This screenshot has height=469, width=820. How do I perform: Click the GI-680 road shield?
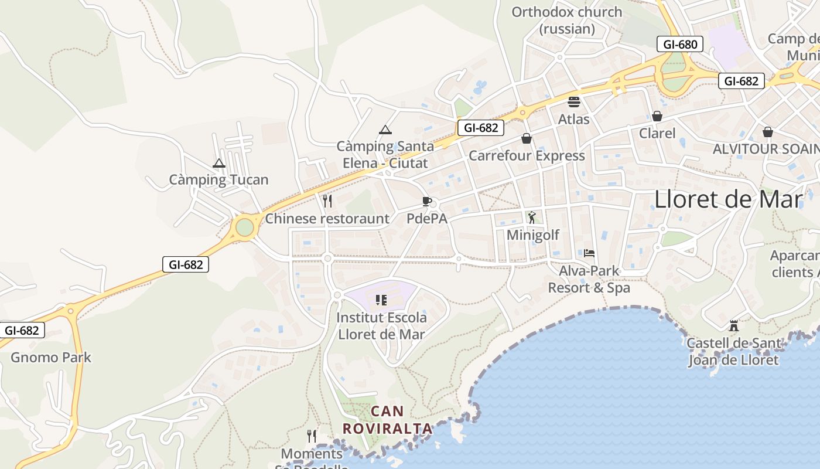click(x=680, y=45)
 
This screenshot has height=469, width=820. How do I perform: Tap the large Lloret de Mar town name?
click(x=728, y=199)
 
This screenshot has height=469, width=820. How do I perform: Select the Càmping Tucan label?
click(x=218, y=179)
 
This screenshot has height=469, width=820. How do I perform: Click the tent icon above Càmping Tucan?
click(x=219, y=164)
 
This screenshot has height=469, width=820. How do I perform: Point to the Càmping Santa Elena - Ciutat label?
click(x=385, y=154)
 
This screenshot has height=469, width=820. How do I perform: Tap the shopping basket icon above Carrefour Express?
click(x=527, y=139)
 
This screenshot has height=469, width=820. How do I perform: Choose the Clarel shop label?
click(x=657, y=133)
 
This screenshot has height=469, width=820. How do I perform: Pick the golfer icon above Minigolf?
click(x=532, y=218)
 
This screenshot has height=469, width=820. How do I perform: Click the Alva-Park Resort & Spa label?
click(x=589, y=279)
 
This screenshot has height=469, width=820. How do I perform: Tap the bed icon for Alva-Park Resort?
click(x=589, y=253)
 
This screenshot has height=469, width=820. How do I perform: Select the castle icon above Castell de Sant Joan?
click(x=733, y=326)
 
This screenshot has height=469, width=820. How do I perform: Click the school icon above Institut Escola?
click(x=381, y=300)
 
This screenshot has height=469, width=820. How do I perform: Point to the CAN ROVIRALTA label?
click(x=387, y=420)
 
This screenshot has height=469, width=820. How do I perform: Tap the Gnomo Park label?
click(x=51, y=357)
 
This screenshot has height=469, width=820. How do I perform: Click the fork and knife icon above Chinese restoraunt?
click(x=327, y=201)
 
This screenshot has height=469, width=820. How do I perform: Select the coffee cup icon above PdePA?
click(x=427, y=202)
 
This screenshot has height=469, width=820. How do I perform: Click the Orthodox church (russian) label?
click(x=567, y=20)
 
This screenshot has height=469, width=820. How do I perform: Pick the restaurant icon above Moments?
click(x=312, y=436)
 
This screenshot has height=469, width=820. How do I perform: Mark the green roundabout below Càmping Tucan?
click(x=245, y=227)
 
